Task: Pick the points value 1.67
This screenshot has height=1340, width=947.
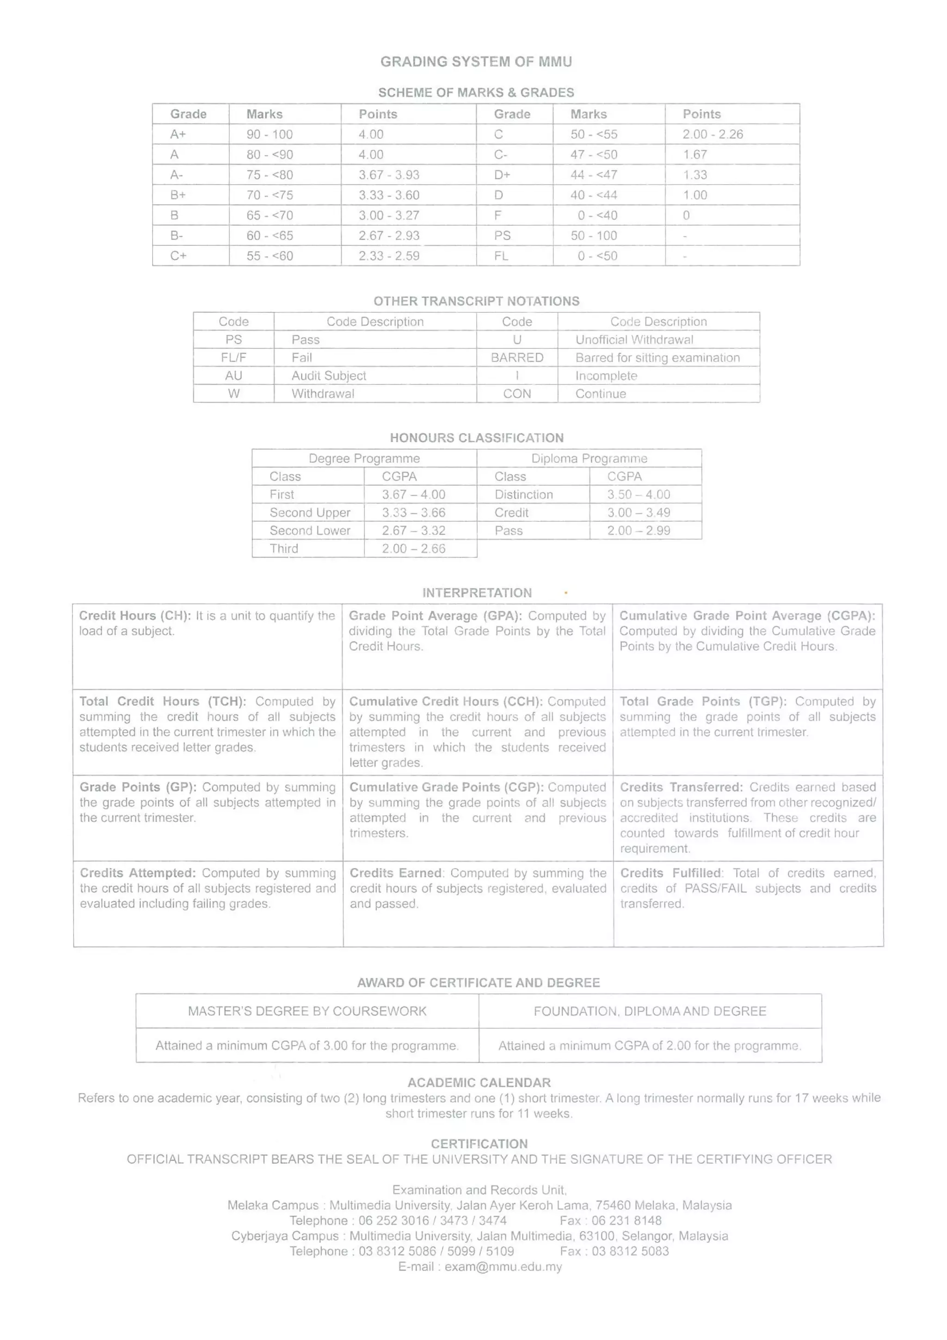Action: (x=695, y=154)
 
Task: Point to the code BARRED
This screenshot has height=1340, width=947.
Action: (x=517, y=357)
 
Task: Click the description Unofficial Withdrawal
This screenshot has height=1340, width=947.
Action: (x=634, y=340)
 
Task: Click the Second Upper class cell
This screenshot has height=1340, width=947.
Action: (x=309, y=513)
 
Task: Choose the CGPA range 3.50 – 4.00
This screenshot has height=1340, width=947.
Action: (x=638, y=494)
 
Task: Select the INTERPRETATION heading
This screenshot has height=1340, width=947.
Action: (x=477, y=593)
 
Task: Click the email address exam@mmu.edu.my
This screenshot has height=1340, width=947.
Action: (x=503, y=1266)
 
